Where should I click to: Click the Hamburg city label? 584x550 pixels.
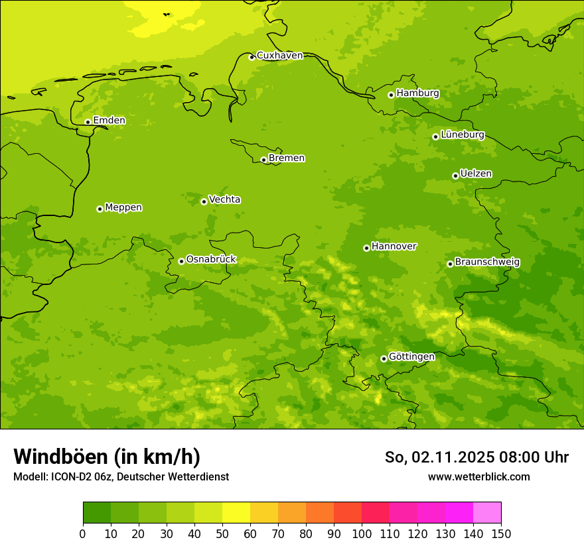click(x=417, y=93)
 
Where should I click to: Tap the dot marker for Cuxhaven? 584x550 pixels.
click(x=252, y=57)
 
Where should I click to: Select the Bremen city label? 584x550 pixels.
click(x=287, y=158)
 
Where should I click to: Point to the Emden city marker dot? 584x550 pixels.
click(x=88, y=122)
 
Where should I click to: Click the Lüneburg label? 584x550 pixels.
click(x=463, y=135)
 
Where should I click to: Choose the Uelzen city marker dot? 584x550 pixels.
click(x=455, y=176)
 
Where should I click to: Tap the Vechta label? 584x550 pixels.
click(x=224, y=199)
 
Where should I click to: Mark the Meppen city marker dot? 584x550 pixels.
click(x=100, y=209)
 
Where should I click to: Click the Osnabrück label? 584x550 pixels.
click(x=211, y=260)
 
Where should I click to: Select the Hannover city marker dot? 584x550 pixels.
click(x=366, y=248)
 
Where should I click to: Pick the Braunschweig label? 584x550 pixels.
click(x=487, y=262)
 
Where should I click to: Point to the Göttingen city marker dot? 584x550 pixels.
click(x=384, y=358)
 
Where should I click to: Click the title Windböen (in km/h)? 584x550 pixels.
click(x=107, y=457)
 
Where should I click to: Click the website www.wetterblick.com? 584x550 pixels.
click(x=478, y=476)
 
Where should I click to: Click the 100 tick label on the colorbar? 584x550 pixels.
click(x=362, y=533)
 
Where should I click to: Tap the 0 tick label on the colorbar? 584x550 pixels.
click(x=83, y=533)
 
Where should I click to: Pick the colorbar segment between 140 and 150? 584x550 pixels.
click(x=487, y=513)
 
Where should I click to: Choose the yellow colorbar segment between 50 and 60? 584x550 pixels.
click(x=236, y=513)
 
